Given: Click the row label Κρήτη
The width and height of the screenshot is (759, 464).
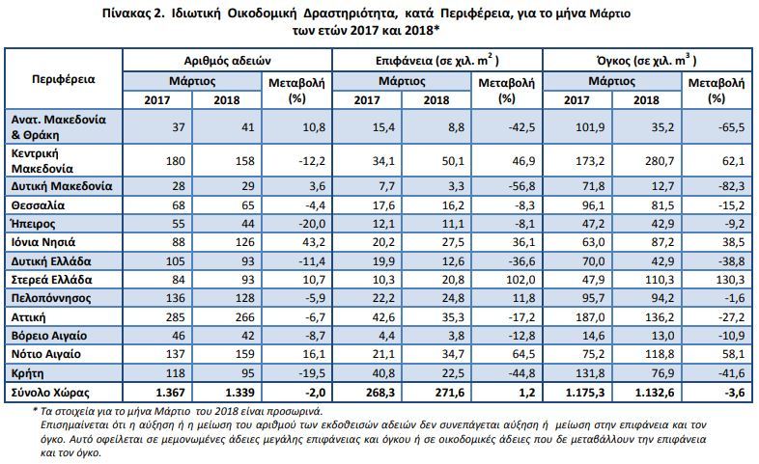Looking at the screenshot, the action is (28, 373).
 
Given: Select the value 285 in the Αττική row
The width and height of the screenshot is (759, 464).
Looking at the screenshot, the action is (175, 317).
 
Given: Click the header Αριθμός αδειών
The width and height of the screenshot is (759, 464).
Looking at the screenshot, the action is (227, 61).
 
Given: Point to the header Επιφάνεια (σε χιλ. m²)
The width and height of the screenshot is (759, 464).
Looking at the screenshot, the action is (437, 61).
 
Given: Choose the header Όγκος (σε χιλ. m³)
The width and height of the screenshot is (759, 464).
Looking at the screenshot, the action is (647, 61).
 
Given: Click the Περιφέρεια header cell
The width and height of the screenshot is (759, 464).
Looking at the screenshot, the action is (64, 79).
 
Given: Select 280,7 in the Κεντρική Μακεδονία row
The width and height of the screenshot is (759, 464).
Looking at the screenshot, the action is (660, 161).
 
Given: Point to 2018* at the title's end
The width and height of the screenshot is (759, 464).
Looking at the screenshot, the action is (423, 30).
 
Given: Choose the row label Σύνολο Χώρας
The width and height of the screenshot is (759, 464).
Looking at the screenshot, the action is (50, 393).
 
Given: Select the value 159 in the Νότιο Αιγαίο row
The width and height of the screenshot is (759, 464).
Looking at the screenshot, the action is (244, 354).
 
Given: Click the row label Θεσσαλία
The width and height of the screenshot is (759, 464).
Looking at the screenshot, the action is (38, 205).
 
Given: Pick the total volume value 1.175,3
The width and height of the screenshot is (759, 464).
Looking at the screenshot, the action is (585, 393).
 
